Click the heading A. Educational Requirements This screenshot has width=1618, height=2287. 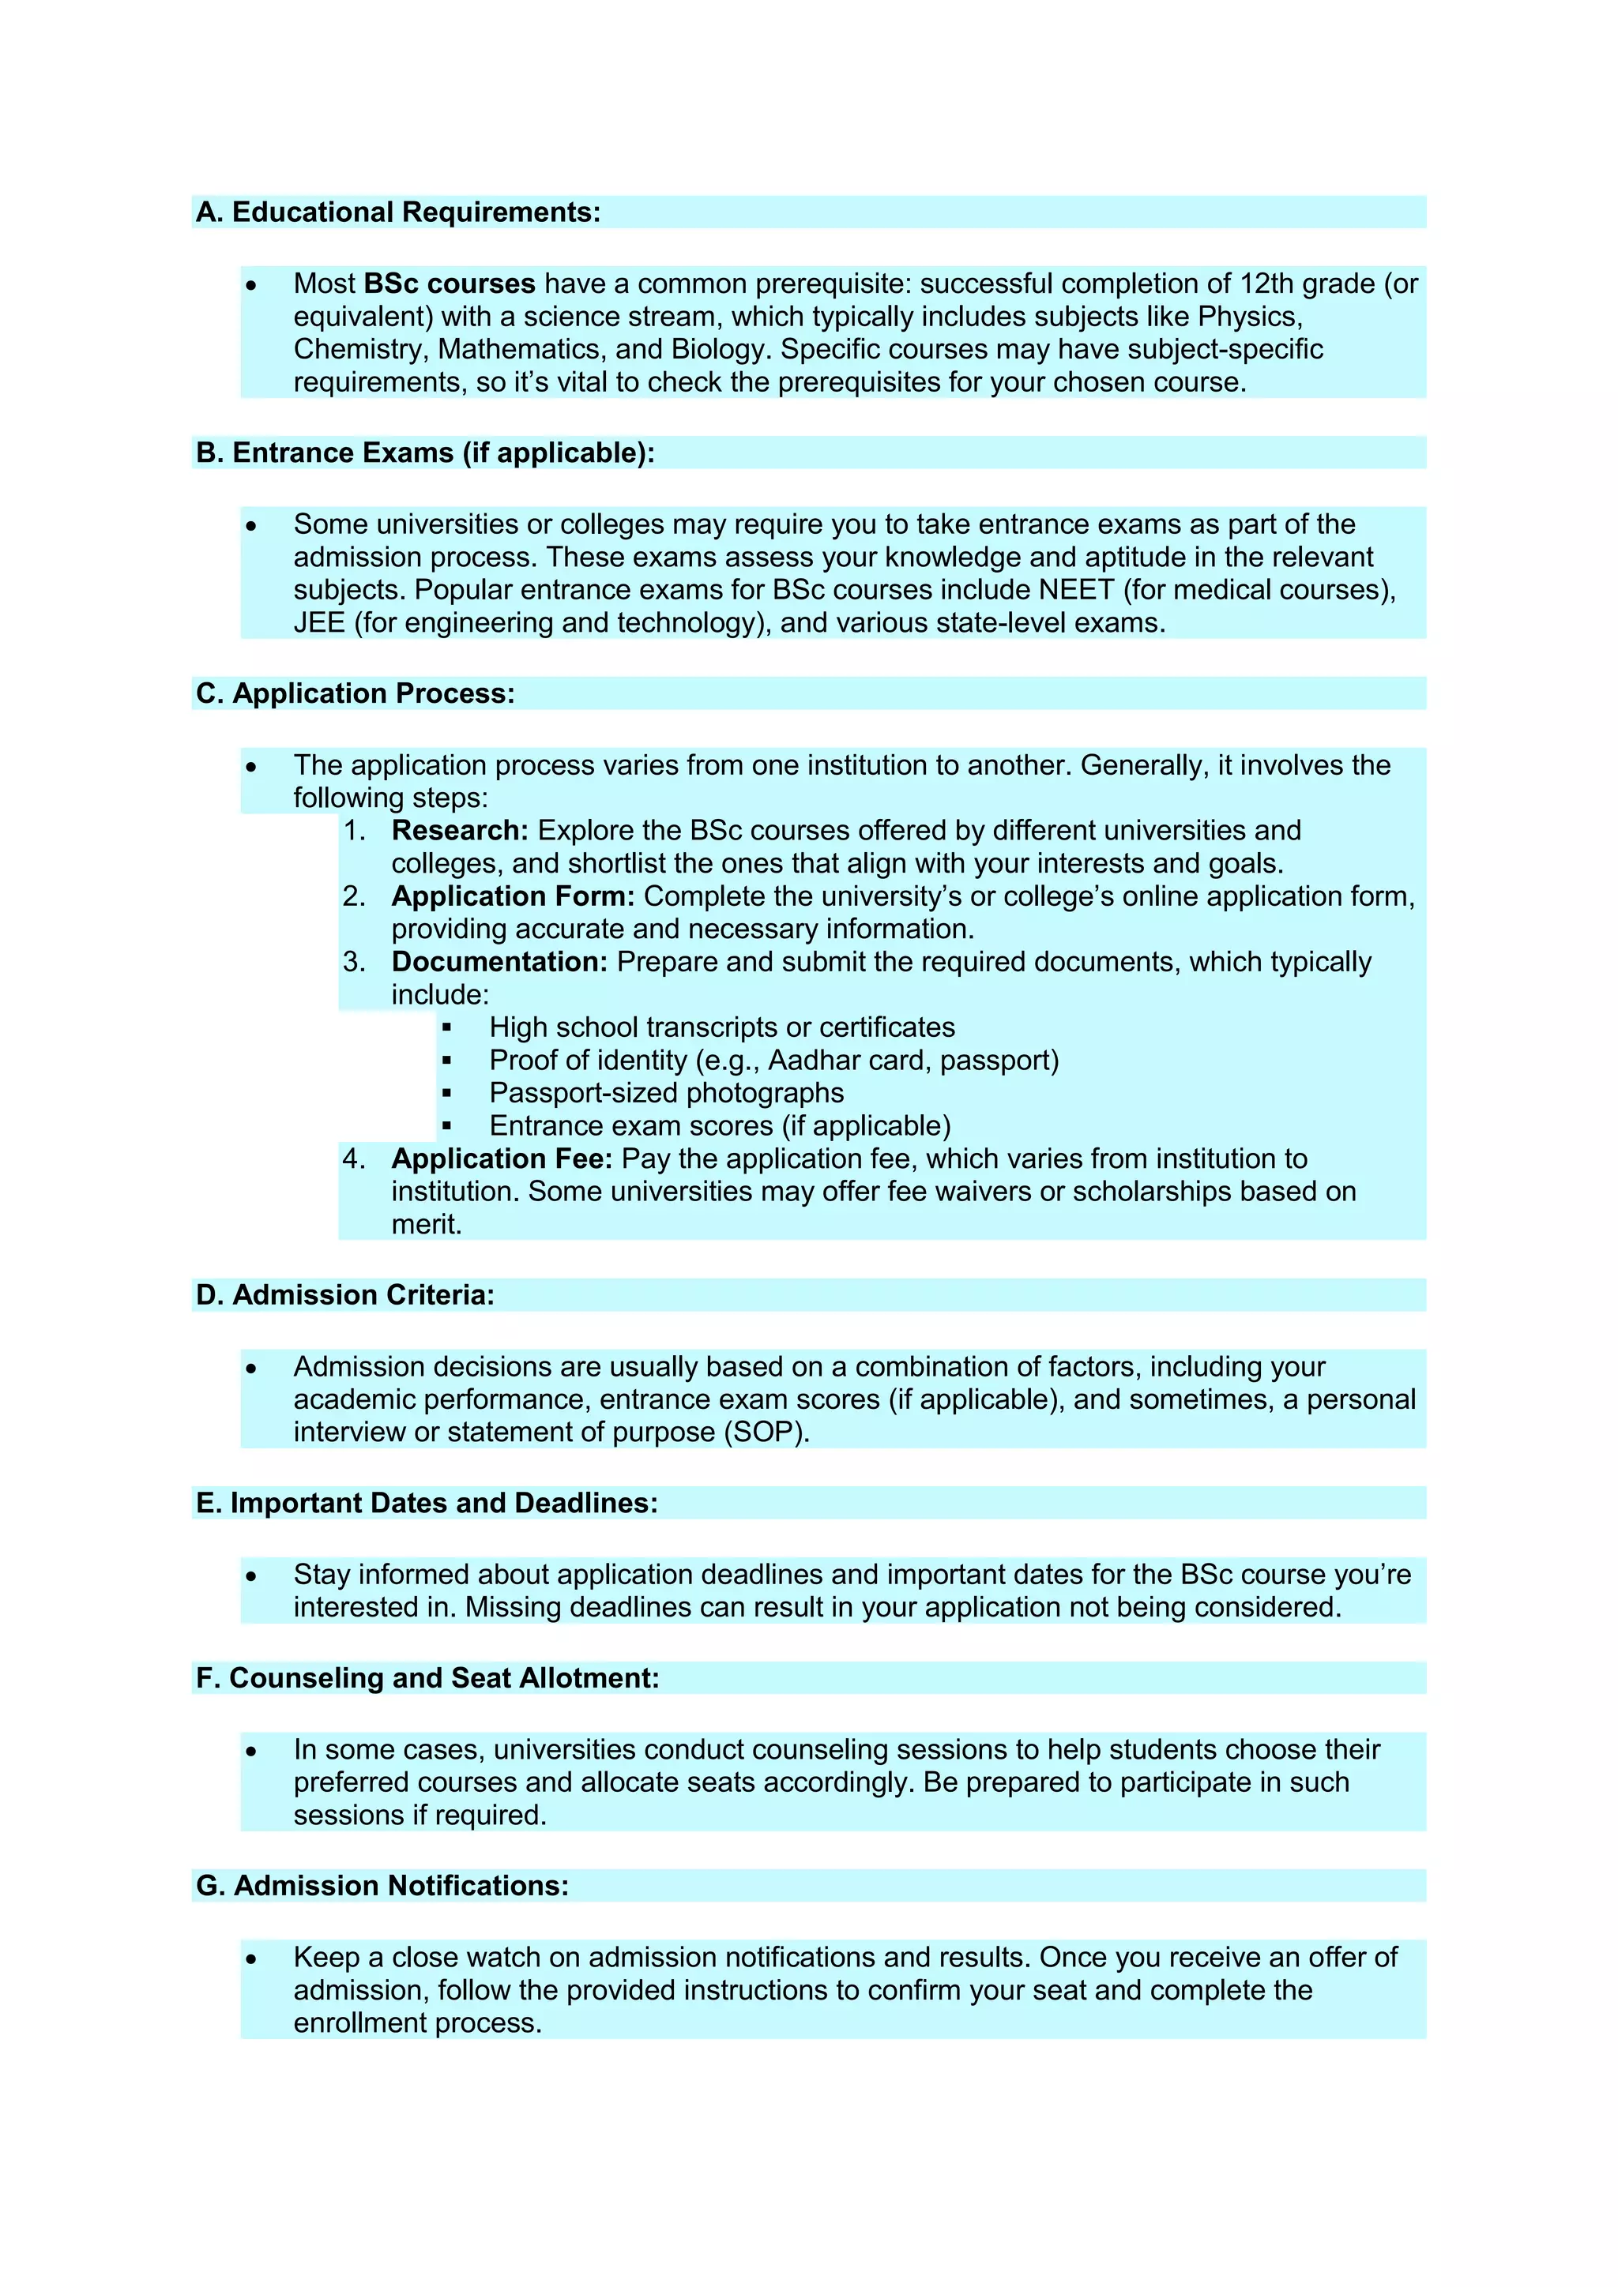pos(397,212)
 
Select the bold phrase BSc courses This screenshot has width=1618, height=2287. pos(450,284)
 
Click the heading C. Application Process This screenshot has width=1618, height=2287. pos(355,693)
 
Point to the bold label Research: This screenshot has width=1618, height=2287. pos(459,831)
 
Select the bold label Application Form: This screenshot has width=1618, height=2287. pos(512,896)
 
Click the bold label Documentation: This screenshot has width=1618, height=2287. pos(499,962)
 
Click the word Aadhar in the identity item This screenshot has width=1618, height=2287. pos(807,1060)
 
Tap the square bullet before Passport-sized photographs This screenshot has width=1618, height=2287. pos(446,1094)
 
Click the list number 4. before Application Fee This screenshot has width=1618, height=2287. pos(354,1159)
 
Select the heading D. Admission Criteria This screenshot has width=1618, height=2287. pos(344,1295)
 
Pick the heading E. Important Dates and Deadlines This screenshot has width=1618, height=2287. pos(427,1503)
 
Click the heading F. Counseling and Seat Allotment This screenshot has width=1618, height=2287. pos(427,1678)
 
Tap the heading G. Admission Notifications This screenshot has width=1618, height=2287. pos(382,1887)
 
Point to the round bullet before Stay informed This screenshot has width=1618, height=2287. pos(251,1575)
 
